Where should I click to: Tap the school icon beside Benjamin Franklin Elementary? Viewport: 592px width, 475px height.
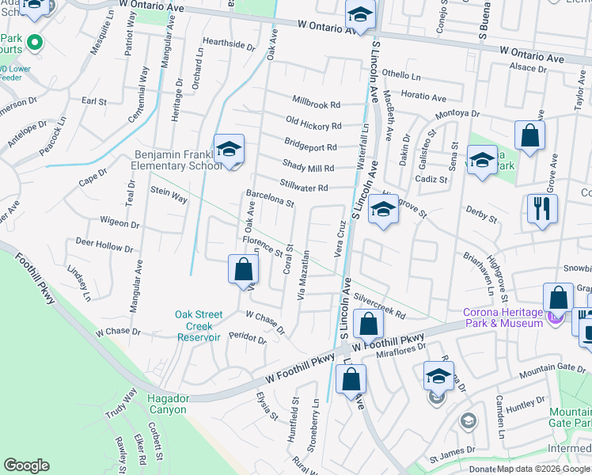coord(228,150)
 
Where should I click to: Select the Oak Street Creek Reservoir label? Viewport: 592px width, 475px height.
coord(198,325)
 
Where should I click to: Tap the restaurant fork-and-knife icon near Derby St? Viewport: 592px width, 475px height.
coord(542,210)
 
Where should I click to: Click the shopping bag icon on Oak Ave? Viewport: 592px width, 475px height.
coord(243,270)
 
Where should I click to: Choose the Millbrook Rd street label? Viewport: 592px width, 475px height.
coord(316,104)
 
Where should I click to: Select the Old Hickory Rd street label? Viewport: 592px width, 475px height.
coord(313,125)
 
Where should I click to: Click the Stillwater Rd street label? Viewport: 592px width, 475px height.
coord(304,188)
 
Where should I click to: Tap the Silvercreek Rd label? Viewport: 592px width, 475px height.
coord(380,308)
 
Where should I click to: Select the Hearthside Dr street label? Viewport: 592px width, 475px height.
coord(229,44)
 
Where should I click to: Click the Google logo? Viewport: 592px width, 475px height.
coord(27,465)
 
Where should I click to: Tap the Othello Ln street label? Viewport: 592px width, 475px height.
coord(401,75)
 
